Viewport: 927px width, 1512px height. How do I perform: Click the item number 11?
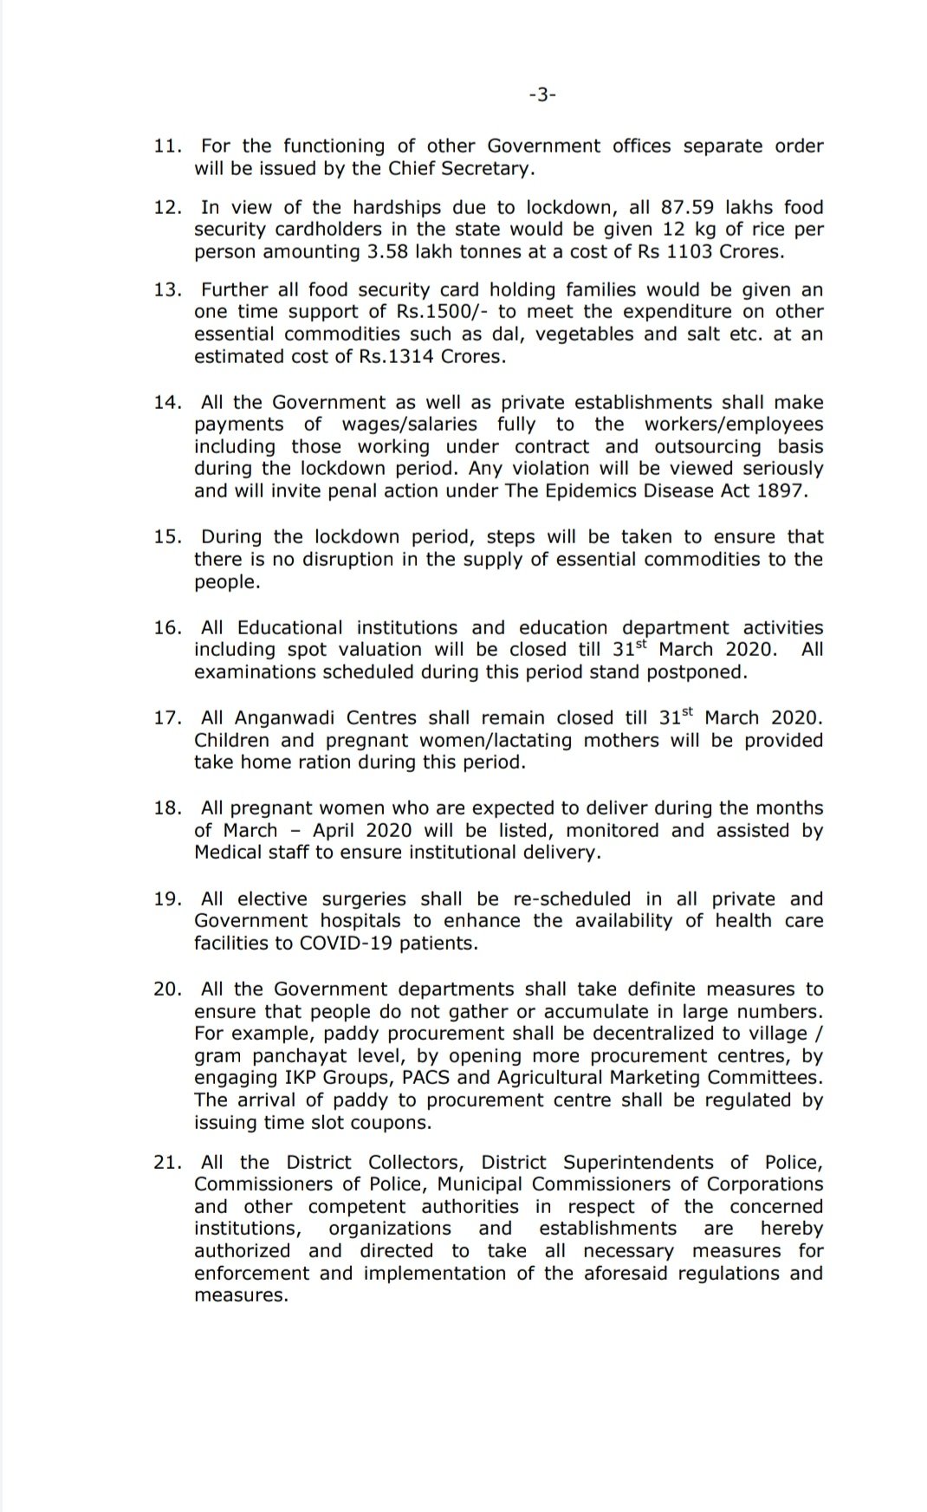(x=167, y=146)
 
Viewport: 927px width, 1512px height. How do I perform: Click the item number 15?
(x=167, y=537)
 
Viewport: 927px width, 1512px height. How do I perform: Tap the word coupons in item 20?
(x=392, y=1123)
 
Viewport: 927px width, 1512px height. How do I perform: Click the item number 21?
(x=167, y=1163)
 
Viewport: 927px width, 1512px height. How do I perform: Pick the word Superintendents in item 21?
(x=639, y=1163)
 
